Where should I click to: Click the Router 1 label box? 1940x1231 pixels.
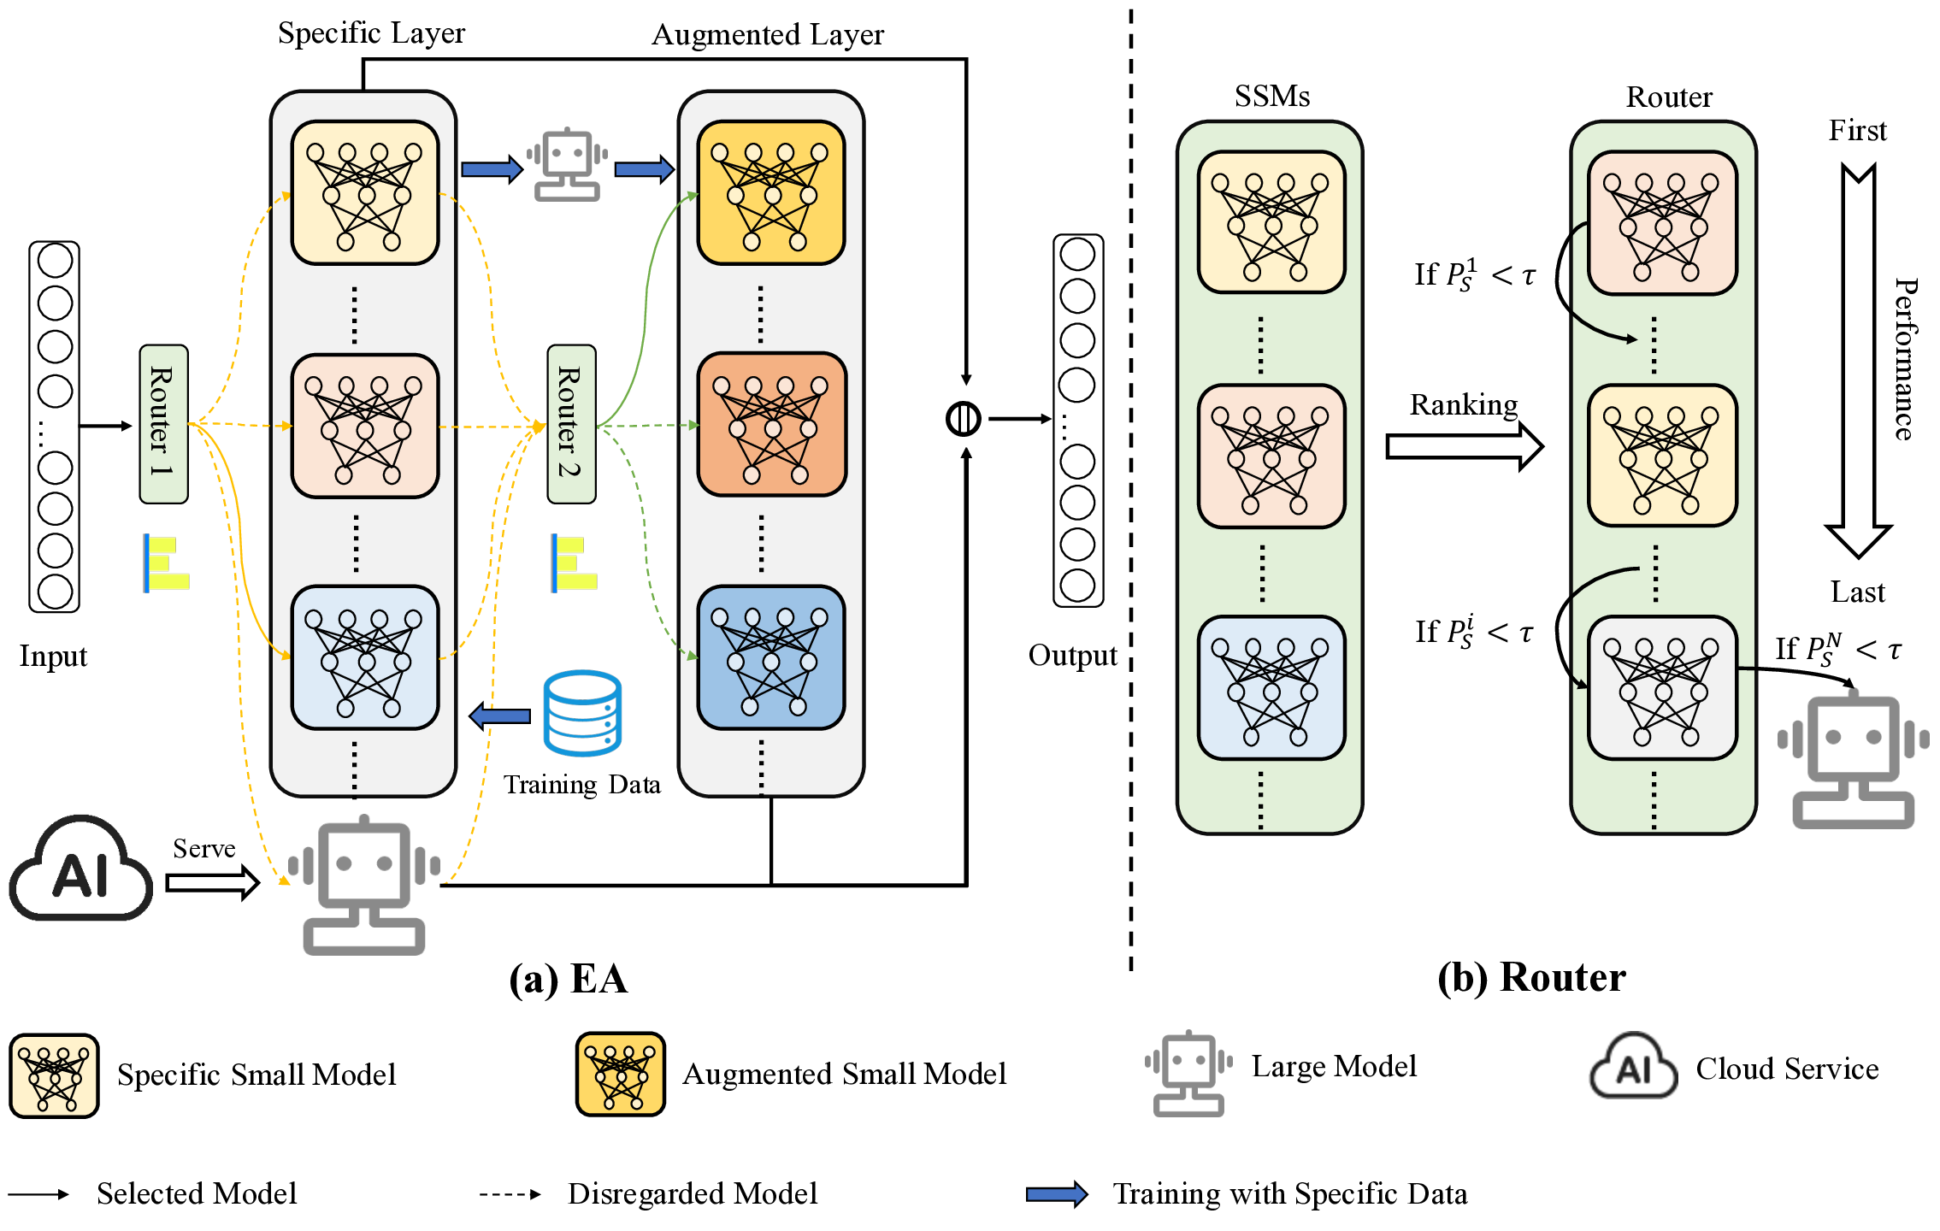point(163,424)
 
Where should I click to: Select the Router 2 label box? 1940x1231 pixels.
point(571,424)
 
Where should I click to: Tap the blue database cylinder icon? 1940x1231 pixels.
point(582,713)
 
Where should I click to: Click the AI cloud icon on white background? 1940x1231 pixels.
point(80,869)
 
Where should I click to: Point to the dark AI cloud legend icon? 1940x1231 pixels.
point(1633,1067)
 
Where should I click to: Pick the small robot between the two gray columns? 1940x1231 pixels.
point(567,165)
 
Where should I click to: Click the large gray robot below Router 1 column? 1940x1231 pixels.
point(364,886)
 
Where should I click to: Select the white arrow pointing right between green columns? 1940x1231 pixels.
point(1463,446)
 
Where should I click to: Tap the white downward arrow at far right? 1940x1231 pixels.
point(1858,362)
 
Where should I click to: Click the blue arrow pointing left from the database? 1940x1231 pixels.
point(500,716)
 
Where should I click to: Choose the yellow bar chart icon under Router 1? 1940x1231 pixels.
point(167,563)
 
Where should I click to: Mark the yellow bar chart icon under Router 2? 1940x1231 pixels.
point(575,563)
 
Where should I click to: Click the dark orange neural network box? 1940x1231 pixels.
point(772,425)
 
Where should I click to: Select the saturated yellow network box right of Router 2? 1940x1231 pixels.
point(771,193)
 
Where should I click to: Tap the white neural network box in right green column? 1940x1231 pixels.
point(1662,688)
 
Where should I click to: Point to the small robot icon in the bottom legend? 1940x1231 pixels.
point(1188,1074)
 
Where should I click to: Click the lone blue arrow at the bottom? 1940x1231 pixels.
point(1056,1194)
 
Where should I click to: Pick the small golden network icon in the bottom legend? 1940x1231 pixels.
point(621,1075)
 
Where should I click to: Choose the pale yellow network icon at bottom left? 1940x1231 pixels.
point(54,1076)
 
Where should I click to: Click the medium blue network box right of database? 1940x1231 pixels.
point(771,657)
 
